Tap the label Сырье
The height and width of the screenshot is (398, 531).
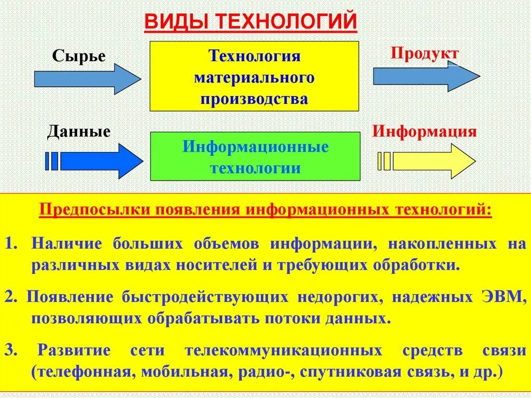79,56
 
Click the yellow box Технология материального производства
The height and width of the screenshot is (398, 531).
254,76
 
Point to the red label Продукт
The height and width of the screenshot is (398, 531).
425,53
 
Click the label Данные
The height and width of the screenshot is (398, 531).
79,132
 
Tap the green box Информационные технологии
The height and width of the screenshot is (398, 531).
255,156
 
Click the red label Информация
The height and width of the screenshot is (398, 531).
424,131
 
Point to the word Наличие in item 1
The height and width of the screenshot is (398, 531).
62,244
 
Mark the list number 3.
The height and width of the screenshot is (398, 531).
9,350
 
